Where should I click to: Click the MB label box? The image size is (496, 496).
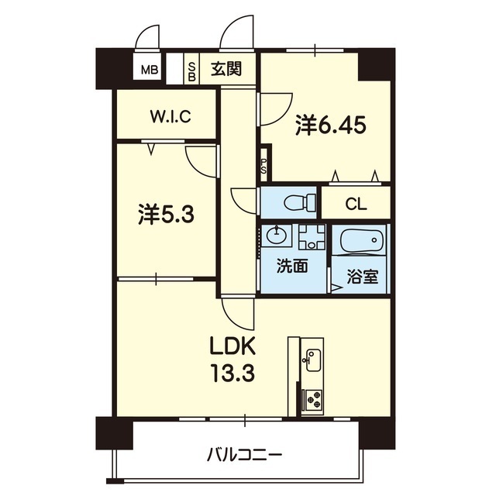point(150,70)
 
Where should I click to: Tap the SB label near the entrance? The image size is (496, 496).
point(191,71)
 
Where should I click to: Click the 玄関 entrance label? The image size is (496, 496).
point(226,68)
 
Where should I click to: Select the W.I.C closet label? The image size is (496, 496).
point(170,116)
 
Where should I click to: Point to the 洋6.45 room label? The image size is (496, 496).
point(331,126)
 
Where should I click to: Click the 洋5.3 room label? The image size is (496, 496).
point(166,215)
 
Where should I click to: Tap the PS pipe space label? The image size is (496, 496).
point(263,165)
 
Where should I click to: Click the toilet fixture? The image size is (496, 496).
point(300,201)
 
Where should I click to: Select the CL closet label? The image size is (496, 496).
point(356,204)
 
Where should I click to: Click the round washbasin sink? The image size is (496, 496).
point(277,235)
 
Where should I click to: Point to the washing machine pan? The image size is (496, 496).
point(312,237)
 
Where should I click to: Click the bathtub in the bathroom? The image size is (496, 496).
point(362,240)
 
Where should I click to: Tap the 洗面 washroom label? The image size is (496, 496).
point(292,266)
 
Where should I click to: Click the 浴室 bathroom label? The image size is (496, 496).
point(362,276)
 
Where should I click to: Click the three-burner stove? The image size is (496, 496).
point(314,400)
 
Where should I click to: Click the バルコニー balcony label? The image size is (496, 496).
point(244,456)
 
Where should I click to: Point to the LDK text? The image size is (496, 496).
point(233,347)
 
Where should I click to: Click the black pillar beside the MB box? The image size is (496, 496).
point(115,69)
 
